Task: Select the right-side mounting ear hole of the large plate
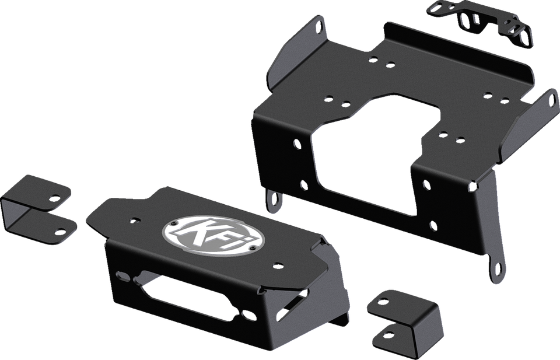pos(550,100)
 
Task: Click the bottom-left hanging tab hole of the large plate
pos(273,200)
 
